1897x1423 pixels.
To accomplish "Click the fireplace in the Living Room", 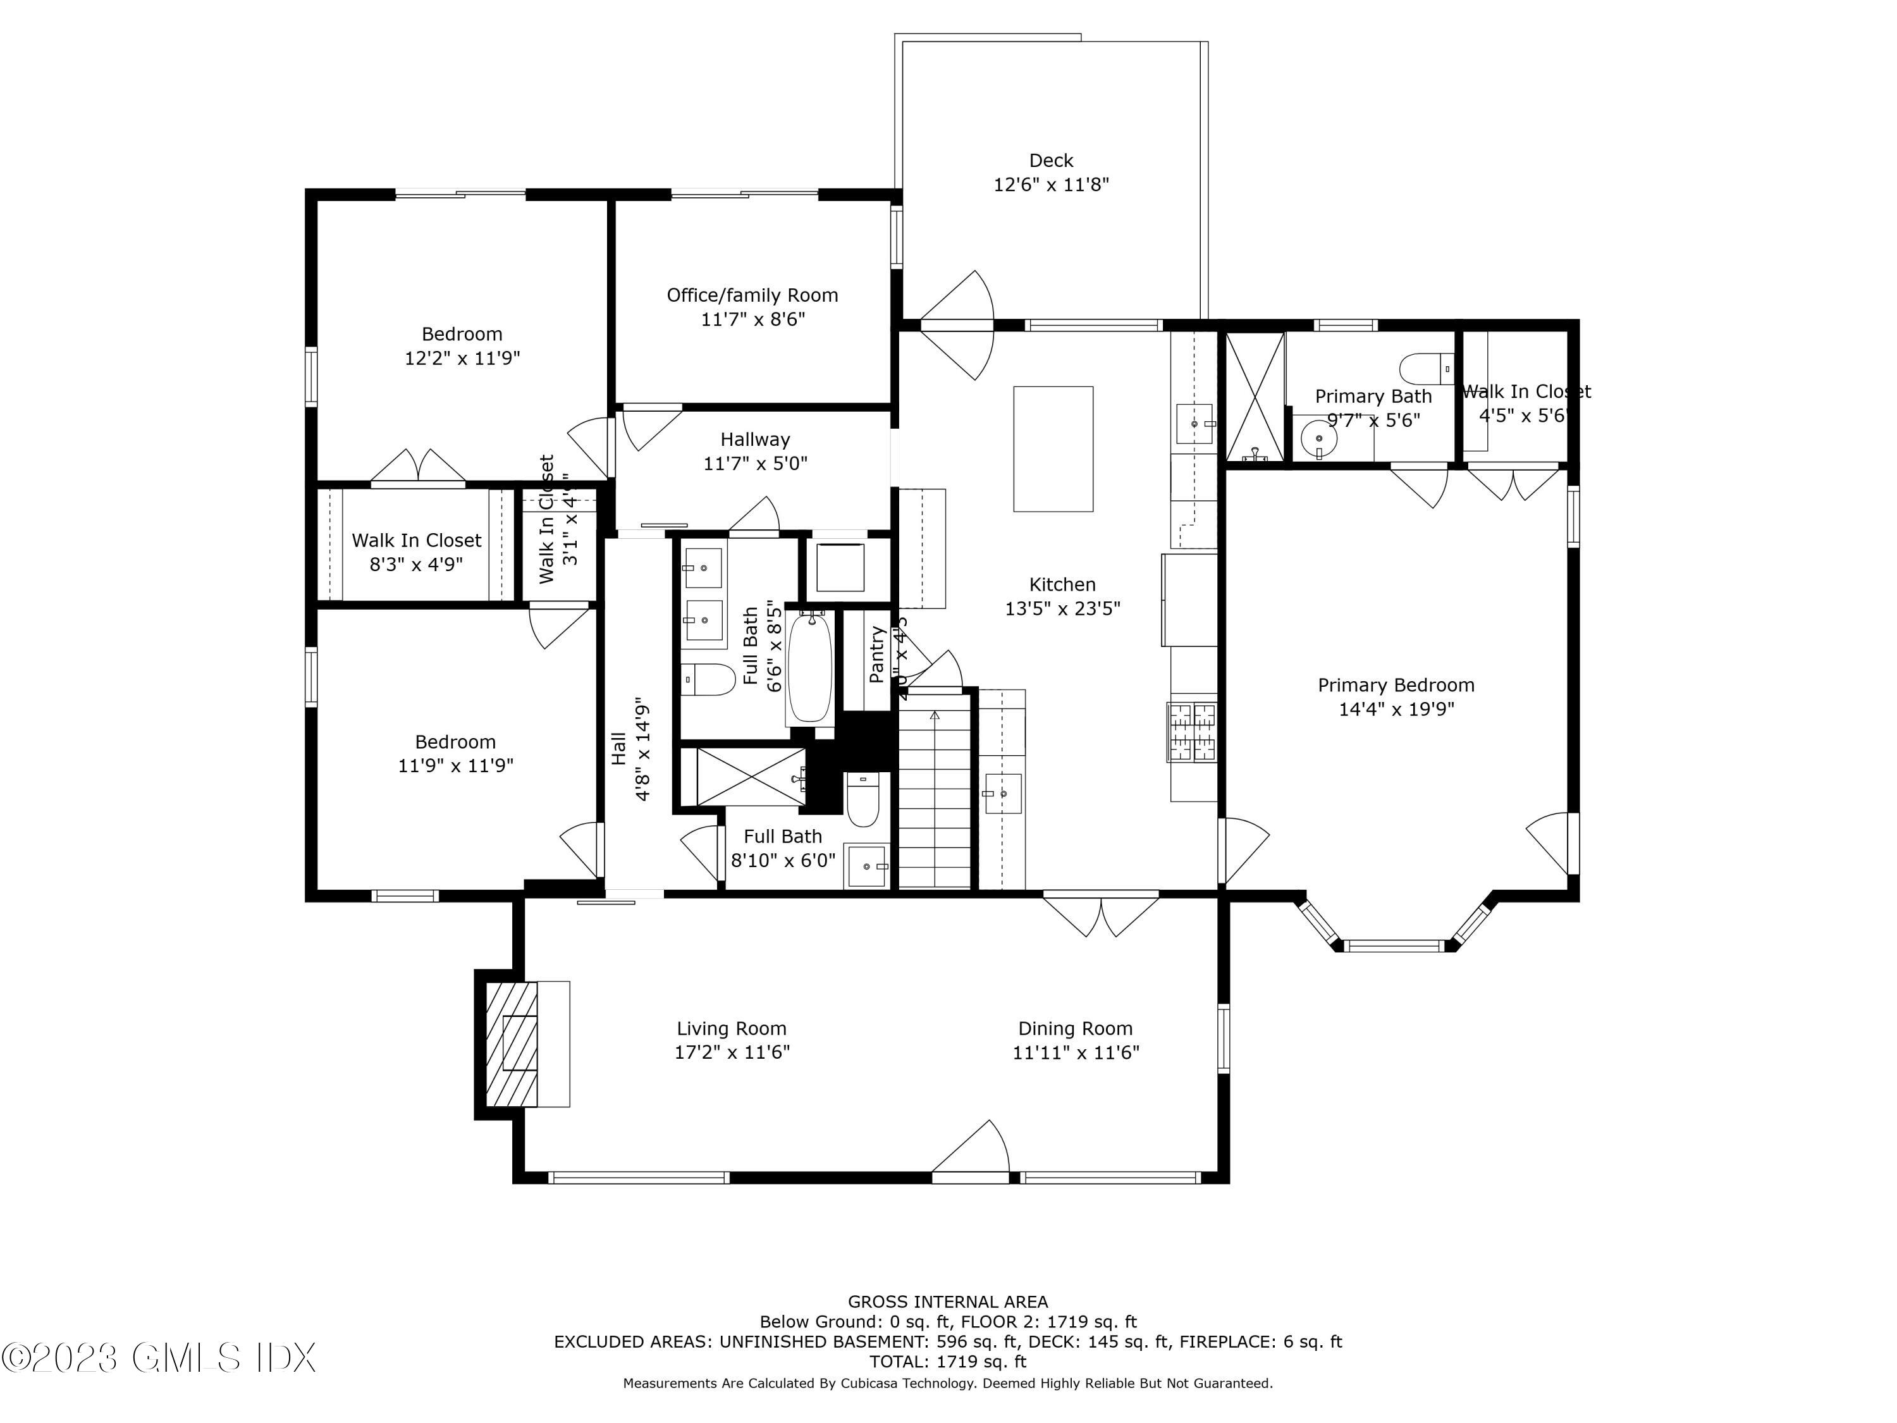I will [x=512, y=1044].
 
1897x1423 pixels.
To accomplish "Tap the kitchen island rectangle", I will [x=1053, y=448].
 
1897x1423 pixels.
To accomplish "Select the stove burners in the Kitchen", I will [x=1191, y=732].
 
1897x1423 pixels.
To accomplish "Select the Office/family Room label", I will [x=752, y=295].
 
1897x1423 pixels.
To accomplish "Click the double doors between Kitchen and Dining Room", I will [x=1101, y=915].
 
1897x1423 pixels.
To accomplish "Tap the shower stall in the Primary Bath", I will [x=1255, y=397].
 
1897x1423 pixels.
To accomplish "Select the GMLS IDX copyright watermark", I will [x=159, y=1358].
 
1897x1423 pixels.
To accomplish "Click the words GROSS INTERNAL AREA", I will [x=948, y=1302].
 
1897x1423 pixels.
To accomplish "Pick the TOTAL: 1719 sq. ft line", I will [x=948, y=1361].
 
